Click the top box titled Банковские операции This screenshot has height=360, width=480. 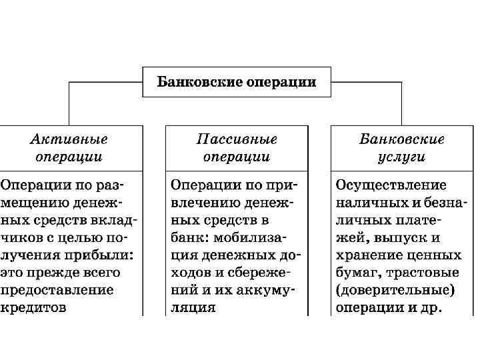237,82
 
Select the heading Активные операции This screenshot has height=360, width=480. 69,148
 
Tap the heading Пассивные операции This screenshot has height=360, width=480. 237,148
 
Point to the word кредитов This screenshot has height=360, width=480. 33,309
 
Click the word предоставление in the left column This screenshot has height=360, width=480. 57,291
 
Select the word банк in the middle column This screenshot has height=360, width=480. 191,237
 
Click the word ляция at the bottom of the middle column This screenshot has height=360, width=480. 193,309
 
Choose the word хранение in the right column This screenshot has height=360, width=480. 367,255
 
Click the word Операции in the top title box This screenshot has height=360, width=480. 280,82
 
